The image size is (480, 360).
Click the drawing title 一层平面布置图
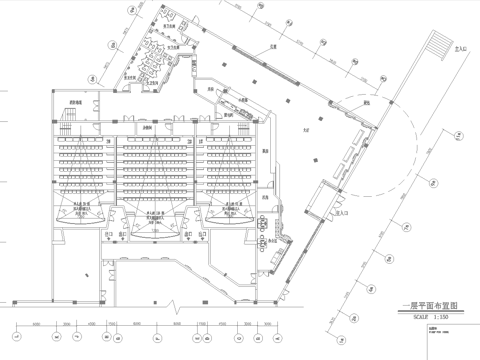click(x=424, y=303)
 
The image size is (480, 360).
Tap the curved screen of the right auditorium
click(x=230, y=226)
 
